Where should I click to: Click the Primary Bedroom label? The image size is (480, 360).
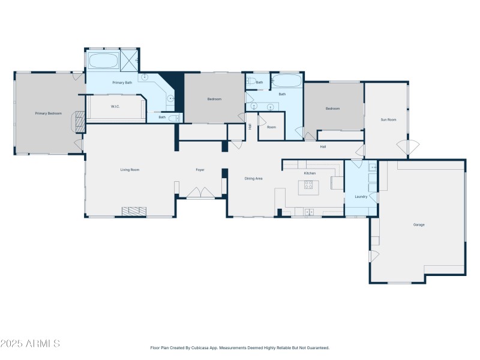pyautogui.click(x=48, y=113)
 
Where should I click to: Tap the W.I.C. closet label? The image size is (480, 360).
pyautogui.click(x=115, y=107)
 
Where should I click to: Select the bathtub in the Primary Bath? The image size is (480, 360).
pyautogui.click(x=103, y=61)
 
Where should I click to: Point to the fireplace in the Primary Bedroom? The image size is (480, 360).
pyautogui.click(x=78, y=121)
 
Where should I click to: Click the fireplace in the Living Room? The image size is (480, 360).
pyautogui.click(x=134, y=211)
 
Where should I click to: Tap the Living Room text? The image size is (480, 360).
pyautogui.click(x=130, y=170)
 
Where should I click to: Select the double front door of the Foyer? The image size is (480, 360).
pyautogui.click(x=200, y=193)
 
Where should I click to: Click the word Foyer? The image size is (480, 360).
pyautogui.click(x=200, y=170)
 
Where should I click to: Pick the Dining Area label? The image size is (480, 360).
pyautogui.click(x=254, y=178)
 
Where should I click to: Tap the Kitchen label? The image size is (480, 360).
pyautogui.click(x=310, y=173)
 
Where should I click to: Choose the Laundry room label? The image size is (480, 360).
pyautogui.click(x=361, y=196)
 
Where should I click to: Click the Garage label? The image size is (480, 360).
pyautogui.click(x=419, y=224)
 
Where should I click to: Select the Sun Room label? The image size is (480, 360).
pyautogui.click(x=388, y=119)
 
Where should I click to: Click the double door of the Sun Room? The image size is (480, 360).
pyautogui.click(x=407, y=146)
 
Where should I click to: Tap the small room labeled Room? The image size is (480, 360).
pyautogui.click(x=271, y=127)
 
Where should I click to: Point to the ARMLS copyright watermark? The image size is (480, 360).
pyautogui.click(x=30, y=344)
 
